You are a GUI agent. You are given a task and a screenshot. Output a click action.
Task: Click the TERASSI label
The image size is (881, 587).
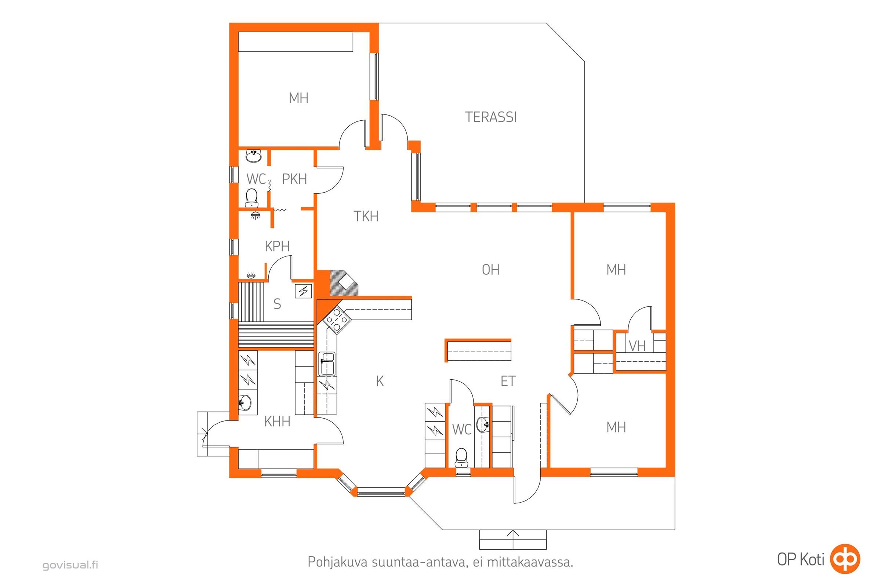491,117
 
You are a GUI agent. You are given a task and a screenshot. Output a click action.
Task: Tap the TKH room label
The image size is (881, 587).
366,216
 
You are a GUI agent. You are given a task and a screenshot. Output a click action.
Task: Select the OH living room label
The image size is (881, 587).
491,270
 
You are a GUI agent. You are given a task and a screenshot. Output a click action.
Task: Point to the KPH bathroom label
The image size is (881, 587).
277,246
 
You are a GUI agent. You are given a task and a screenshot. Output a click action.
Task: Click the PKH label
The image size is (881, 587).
294,179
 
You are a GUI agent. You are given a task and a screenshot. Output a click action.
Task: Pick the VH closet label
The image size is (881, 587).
637,346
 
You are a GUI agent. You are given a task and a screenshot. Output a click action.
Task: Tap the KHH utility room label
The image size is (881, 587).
277,422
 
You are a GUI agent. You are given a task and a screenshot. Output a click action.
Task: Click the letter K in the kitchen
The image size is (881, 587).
380,381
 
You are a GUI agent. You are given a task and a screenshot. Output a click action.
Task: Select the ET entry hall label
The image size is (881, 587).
508,381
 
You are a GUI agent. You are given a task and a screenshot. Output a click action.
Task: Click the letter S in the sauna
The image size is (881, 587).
277,304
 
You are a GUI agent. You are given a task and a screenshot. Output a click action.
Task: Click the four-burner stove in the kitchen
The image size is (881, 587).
336,320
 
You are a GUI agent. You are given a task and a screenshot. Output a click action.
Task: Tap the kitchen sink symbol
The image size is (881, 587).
327,364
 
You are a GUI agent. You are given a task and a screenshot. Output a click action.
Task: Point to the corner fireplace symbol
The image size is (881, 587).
344,283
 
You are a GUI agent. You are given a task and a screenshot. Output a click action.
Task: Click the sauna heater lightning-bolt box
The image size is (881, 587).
304,291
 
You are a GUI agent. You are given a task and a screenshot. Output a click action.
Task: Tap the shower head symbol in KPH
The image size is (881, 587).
255,215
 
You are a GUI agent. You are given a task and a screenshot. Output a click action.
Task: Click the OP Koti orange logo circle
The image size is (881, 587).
845,559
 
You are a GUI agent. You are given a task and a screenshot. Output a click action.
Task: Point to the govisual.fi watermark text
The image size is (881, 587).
70,565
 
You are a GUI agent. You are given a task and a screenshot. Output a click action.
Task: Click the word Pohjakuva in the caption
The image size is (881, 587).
337,562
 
